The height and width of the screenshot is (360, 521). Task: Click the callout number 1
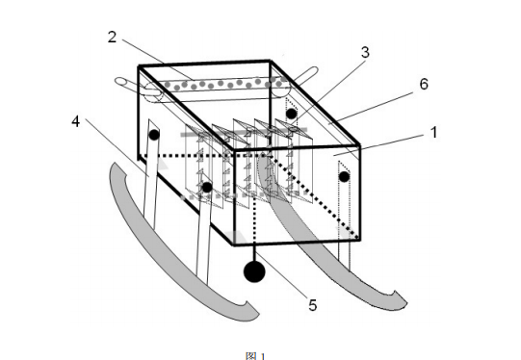tap(434, 132)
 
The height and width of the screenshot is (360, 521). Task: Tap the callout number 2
tap(113, 37)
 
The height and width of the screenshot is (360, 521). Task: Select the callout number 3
tap(365, 52)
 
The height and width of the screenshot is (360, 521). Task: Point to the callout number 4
tap(76, 121)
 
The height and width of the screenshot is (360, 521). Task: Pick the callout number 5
tap(313, 305)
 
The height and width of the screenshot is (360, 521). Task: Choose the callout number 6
tap(424, 84)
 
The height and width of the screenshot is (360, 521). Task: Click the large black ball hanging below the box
tap(254, 271)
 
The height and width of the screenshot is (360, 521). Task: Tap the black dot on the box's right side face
tap(344, 177)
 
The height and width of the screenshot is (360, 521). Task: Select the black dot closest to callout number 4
tap(154, 135)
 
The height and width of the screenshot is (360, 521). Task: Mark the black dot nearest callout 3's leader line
tap(292, 114)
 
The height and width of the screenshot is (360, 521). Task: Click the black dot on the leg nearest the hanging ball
tap(207, 188)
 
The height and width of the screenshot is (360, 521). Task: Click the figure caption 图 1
tap(255, 356)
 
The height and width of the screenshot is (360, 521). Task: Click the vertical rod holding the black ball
tap(254, 253)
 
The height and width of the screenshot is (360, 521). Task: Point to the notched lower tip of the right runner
tap(399, 300)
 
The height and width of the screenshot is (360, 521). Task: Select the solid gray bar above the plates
tap(244, 132)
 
